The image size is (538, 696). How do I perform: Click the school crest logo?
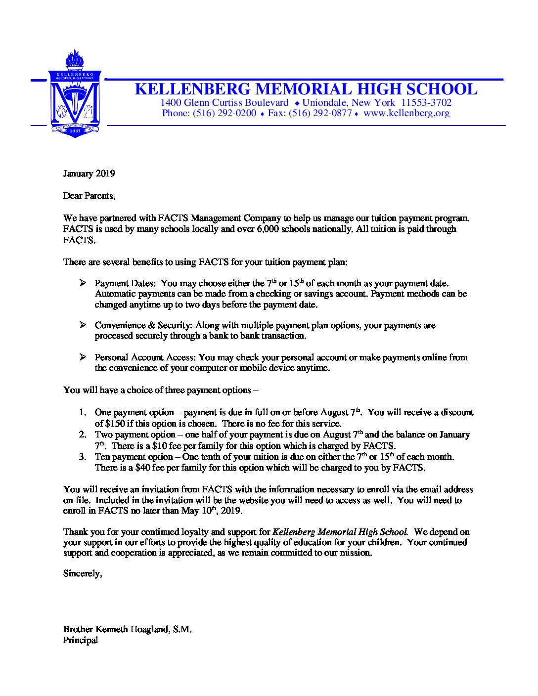tap(75, 97)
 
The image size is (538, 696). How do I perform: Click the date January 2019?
tap(89, 174)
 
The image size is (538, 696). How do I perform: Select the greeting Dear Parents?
tap(89, 196)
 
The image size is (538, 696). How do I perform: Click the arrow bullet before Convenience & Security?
tap(83, 325)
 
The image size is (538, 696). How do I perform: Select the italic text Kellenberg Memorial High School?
tap(340, 532)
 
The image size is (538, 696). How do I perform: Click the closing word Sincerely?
tap(83, 574)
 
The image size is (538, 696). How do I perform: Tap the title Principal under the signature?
tap(81, 640)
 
